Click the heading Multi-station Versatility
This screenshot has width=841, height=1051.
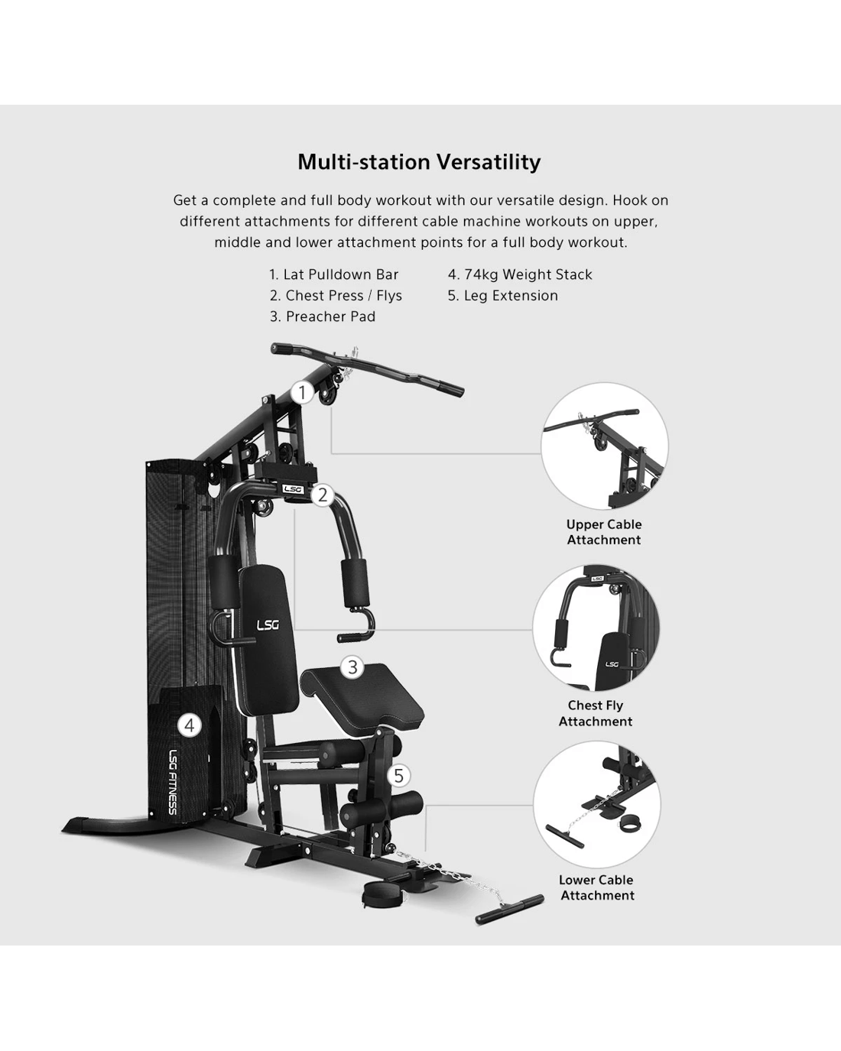pos(419,162)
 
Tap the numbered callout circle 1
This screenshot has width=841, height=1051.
pos(303,393)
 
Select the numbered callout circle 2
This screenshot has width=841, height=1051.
pos(323,495)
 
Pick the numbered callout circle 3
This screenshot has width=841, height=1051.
pos(352,667)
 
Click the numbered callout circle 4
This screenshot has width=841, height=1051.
pos(190,725)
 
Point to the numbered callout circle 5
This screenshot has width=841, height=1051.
pos(399,776)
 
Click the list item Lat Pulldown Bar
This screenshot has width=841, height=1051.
pos(334,274)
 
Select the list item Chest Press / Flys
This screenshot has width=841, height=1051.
pos(336,296)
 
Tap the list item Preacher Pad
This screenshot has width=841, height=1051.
pos(323,316)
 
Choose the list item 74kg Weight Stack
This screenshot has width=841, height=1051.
pos(520,274)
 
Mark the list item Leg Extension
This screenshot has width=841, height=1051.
pos(503,296)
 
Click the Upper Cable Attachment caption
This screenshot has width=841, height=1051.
pos(604,532)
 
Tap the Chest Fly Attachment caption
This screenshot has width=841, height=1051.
pos(596,713)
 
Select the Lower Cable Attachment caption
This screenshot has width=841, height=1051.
pos(596,887)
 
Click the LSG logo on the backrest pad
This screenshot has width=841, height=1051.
pos(268,625)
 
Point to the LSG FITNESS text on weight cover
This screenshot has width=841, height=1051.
pos(173,782)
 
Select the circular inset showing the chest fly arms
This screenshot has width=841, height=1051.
pos(596,628)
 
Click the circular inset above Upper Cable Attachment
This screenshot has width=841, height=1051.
pos(605,446)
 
